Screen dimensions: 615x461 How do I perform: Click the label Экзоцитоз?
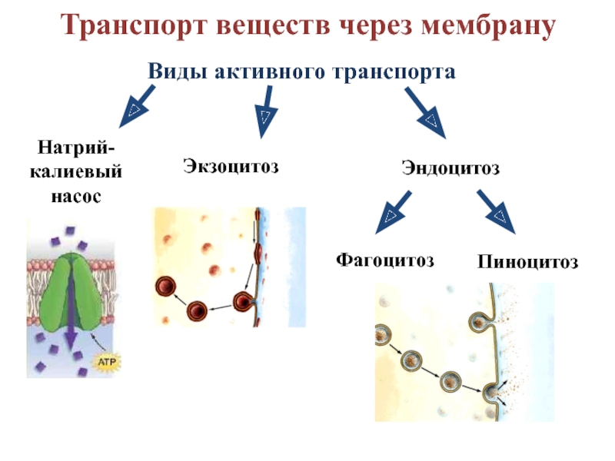[x=230, y=165]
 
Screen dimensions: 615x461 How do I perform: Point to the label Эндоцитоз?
[x=450, y=167]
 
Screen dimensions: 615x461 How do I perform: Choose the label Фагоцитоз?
[x=384, y=260]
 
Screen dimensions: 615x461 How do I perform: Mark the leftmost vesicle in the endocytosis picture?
[x=384, y=335]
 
